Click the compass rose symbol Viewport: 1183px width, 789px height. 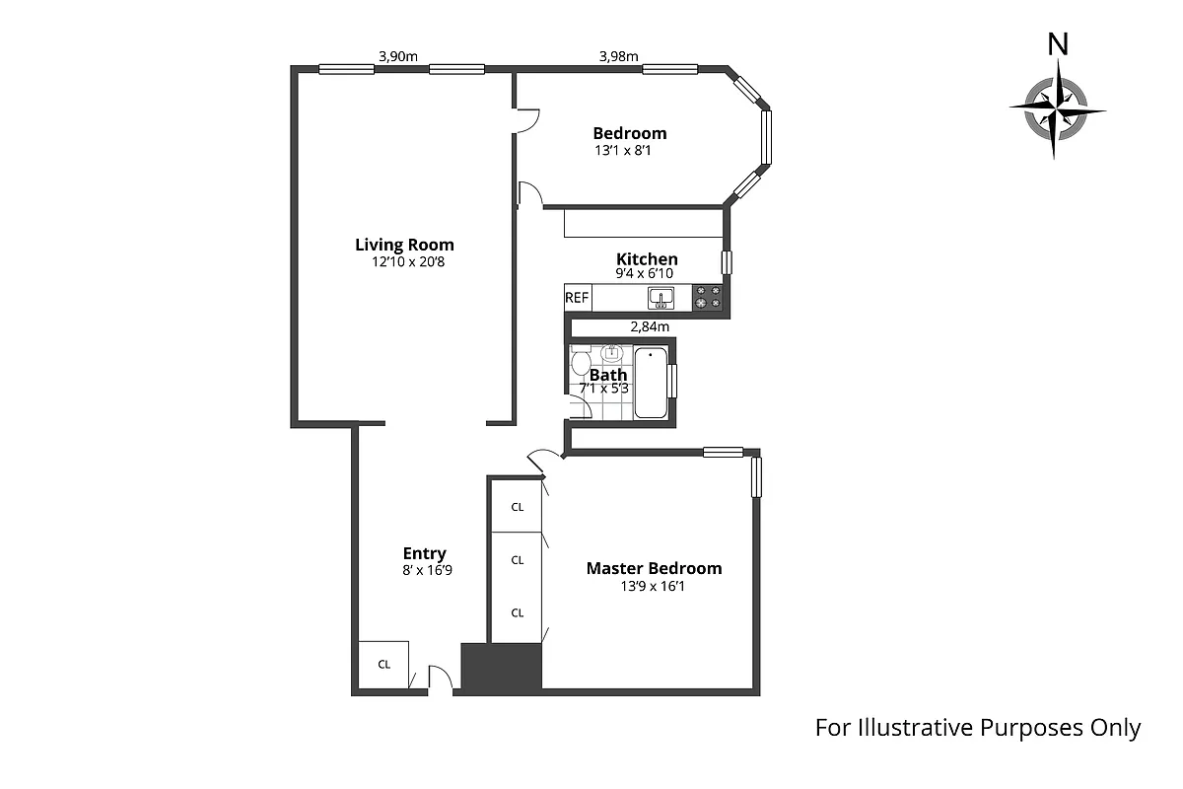pos(1057,108)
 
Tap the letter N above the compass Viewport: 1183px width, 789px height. pos(1058,44)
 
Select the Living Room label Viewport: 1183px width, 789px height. pos(404,245)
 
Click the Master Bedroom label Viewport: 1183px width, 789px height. pos(654,568)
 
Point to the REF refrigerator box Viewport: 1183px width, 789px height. pos(577,297)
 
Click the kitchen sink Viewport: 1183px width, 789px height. pos(661,297)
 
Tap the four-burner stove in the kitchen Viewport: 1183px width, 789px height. pos(707,297)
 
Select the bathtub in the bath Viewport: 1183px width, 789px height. pos(651,383)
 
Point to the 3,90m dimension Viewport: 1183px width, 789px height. pos(398,56)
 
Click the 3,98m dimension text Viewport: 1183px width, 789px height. pos(619,56)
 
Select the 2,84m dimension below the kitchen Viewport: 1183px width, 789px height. pos(650,326)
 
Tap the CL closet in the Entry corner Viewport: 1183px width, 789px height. pos(383,664)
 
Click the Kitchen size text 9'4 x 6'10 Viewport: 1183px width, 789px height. pos(647,274)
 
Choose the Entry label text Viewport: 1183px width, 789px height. pos(424,553)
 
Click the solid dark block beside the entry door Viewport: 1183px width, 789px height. pos(502,668)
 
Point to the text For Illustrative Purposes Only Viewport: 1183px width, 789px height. pos(977,728)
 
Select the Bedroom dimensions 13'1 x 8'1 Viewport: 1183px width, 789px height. pos(623,151)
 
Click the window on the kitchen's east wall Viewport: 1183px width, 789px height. pos(727,262)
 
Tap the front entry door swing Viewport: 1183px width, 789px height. pos(440,678)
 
